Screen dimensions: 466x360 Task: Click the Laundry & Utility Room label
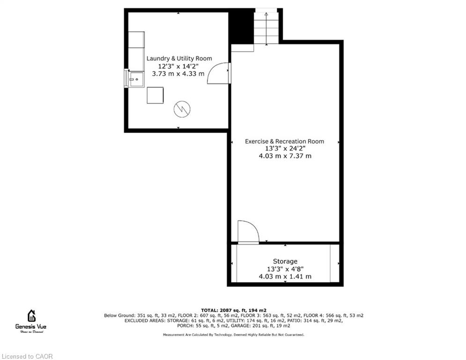tap(179, 58)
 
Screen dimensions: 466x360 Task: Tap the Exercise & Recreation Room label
tap(284, 141)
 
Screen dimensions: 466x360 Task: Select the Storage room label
tap(285, 261)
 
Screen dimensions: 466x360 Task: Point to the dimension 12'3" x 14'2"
tap(178, 66)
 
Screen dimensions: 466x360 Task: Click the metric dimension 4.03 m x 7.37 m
tap(285, 156)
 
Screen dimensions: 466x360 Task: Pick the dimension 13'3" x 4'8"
tap(285, 269)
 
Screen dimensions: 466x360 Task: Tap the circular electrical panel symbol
tap(182, 109)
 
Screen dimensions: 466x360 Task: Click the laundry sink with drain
tap(136, 79)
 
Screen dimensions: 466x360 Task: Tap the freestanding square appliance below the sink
tap(155, 95)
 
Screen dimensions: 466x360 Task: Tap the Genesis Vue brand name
tap(31, 326)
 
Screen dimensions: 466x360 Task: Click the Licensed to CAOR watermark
tap(27, 356)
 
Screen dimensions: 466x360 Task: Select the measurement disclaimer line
tap(234, 335)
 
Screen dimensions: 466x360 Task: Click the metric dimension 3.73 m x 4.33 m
tap(178, 74)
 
